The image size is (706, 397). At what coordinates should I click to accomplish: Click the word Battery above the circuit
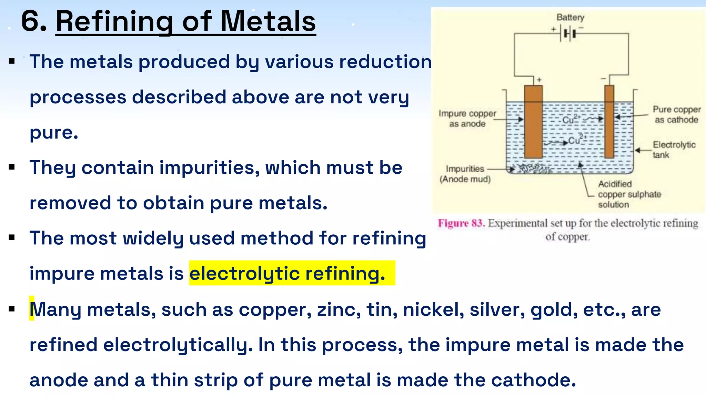click(570, 17)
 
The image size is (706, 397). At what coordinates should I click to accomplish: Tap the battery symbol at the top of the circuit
click(569, 34)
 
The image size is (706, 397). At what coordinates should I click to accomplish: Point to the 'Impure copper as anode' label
click(467, 118)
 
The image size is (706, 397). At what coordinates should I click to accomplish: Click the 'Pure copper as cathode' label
click(676, 114)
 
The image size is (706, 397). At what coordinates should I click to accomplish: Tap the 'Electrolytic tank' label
click(674, 150)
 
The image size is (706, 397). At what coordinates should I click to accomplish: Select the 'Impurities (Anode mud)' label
click(465, 174)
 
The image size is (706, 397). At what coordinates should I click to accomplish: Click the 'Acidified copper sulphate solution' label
click(629, 194)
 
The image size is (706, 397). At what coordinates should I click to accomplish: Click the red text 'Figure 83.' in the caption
click(461, 223)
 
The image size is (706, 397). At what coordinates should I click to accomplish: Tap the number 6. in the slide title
click(33, 21)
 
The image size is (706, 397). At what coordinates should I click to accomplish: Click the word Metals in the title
click(268, 21)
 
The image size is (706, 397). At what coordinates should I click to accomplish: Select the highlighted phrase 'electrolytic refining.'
click(288, 273)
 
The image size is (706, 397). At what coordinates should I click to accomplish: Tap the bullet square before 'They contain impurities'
click(12, 167)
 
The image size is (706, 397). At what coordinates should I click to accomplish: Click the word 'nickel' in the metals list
click(433, 309)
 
